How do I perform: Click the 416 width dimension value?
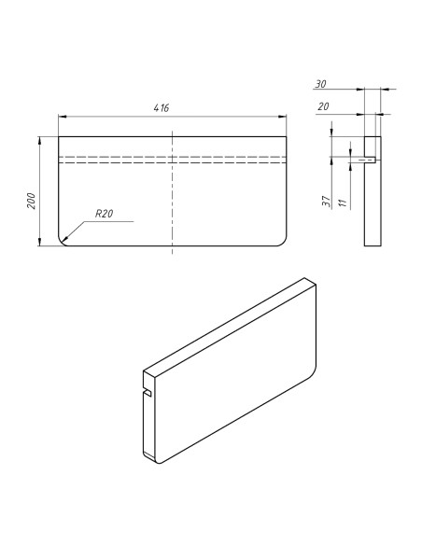point(162,108)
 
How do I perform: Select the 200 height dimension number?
point(31,200)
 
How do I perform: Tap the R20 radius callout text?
point(103,215)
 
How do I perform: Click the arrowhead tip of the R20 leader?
point(63,240)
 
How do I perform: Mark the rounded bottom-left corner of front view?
point(63,241)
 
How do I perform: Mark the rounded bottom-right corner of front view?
point(280,241)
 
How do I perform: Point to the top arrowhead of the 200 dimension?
point(39,138)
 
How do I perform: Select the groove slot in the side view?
point(371,160)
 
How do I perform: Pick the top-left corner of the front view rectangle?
point(59,136)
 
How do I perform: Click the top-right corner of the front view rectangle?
point(286,136)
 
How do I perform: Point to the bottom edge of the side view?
point(373,245)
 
